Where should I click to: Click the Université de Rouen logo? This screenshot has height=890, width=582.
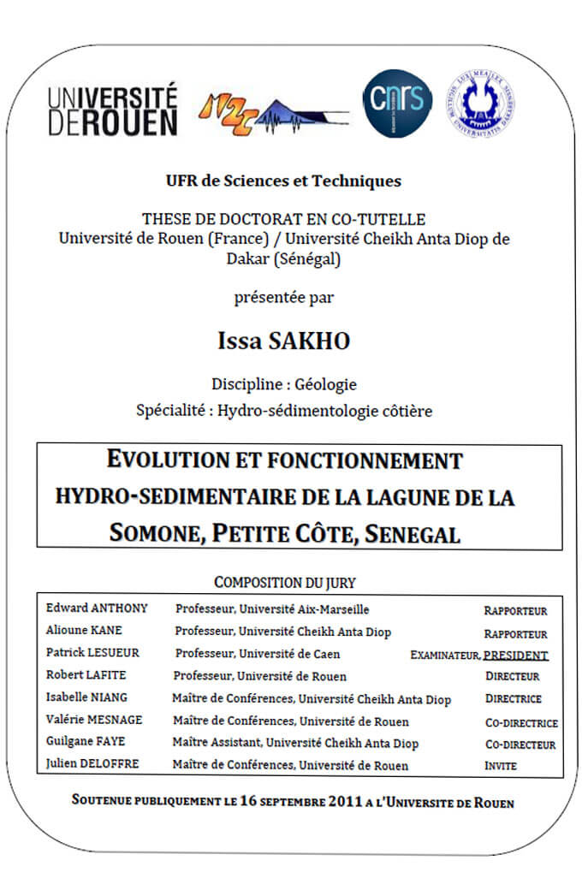pyautogui.click(x=113, y=109)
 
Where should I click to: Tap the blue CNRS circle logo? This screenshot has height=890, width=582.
pyautogui.click(x=397, y=104)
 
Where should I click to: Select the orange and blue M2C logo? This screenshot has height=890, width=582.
pyautogui.click(x=272, y=111)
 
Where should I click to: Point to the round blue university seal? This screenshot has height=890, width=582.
pyautogui.click(x=479, y=104)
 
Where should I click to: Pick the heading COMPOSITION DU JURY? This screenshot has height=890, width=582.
pyautogui.click(x=284, y=583)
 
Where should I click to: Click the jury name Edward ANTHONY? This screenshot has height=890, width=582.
pyautogui.click(x=97, y=608)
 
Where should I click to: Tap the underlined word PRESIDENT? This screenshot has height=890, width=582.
pyautogui.click(x=515, y=656)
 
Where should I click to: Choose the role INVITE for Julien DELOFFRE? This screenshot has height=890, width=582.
pyautogui.click(x=501, y=766)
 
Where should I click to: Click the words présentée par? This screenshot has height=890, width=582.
pyautogui.click(x=283, y=298)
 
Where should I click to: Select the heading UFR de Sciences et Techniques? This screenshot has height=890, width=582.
pyautogui.click(x=283, y=181)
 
